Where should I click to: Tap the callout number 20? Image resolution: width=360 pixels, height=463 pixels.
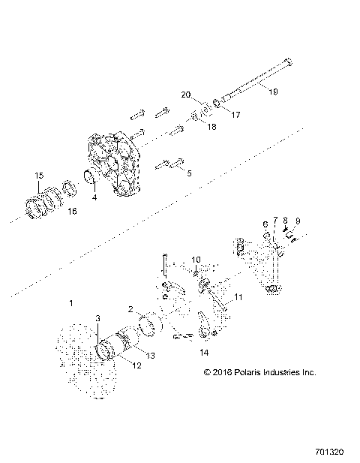[186, 95]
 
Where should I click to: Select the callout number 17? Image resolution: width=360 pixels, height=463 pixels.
[235, 116]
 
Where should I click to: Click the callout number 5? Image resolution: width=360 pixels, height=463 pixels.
[188, 173]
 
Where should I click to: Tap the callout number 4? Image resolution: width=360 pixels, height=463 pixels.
[94, 199]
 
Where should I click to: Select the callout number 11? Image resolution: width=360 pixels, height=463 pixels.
[238, 297]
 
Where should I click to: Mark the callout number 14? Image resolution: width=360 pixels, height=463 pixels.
[203, 352]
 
